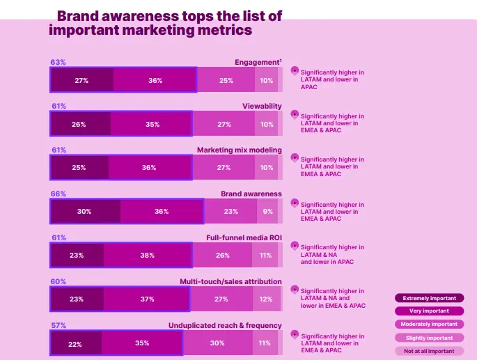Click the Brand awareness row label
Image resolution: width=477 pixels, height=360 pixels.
(251, 194)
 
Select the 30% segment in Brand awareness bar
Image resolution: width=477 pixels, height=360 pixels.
(84, 211)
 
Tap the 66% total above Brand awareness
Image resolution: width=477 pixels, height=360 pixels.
(58, 194)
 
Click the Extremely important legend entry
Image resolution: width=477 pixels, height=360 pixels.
(429, 298)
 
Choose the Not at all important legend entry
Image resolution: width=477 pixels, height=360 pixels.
(429, 351)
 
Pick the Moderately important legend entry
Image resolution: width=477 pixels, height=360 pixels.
(429, 324)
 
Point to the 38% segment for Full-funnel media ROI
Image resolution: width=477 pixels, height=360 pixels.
(147, 256)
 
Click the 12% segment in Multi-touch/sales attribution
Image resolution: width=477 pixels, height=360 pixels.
(265, 299)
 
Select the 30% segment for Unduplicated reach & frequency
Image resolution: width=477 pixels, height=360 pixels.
(217, 343)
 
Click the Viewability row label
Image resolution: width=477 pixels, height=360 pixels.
(262, 106)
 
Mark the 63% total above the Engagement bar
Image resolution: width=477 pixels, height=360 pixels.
(58, 62)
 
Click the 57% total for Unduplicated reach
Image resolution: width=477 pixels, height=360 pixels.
(58, 325)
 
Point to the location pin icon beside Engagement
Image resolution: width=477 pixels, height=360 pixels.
(294, 70)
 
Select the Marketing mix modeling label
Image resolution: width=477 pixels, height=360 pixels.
(240, 150)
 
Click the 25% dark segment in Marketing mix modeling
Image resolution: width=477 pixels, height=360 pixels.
(79, 168)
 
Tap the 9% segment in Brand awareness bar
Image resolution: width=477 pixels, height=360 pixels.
(268, 211)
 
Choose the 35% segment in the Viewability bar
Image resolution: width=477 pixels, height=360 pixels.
(152, 124)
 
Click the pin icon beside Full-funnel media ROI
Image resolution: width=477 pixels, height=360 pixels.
(294, 246)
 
